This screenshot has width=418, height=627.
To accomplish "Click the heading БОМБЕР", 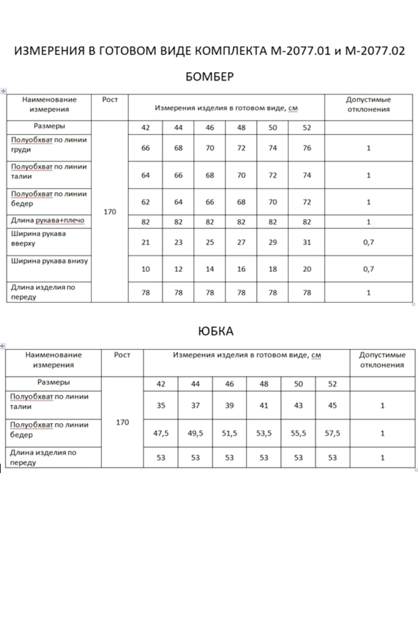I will pos(209,76).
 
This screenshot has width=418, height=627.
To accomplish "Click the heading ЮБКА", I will pos(216,331).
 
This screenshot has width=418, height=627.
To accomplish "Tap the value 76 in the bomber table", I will pos(307,148).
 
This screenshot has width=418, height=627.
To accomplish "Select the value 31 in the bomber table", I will pos(307,242).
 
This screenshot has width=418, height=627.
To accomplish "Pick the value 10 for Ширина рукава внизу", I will pos(146,269).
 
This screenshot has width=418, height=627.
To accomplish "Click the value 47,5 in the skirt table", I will pos(161,433).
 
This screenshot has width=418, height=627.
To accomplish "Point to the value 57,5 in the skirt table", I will pos(332,433).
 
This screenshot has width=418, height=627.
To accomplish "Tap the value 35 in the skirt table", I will pos(161,405).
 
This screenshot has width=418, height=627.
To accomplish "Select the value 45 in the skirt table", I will pos(332,405).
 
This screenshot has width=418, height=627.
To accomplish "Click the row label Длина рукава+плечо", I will pos(48,220).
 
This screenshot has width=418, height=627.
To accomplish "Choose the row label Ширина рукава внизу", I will pos(50,261).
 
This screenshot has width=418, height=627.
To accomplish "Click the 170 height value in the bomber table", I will pos(110,212).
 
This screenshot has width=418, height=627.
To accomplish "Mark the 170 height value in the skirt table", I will pos(122,422).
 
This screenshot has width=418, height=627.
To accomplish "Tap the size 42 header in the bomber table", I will pos(146,128).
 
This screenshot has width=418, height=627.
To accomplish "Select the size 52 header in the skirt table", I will pos(332,384).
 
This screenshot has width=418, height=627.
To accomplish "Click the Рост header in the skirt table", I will pos(122,355).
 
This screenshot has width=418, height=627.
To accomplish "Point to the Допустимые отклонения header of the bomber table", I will pos(368,104).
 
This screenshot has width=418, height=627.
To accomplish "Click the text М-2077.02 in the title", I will pos(375,51).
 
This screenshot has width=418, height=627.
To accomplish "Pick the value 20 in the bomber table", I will pos(307,269).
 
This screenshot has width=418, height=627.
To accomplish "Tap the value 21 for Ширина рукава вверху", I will pos(146,242).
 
